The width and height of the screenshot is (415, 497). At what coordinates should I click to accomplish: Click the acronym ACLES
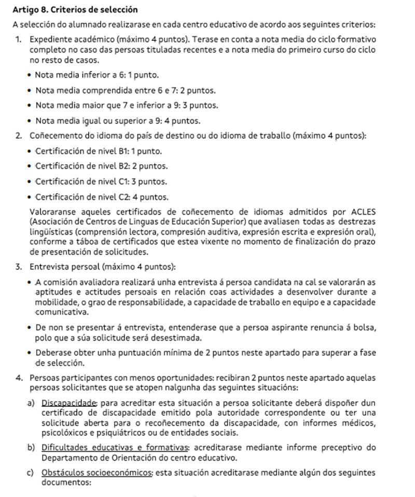[x=363, y=211]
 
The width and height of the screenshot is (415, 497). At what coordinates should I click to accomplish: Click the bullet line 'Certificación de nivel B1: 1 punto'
[x=99, y=152]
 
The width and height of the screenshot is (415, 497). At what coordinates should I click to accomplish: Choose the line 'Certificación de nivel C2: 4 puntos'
[x=102, y=197]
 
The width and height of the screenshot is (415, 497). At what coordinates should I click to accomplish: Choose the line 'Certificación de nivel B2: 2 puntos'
[x=102, y=167]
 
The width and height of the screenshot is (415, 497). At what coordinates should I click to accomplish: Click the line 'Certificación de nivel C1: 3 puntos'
[x=101, y=182]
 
